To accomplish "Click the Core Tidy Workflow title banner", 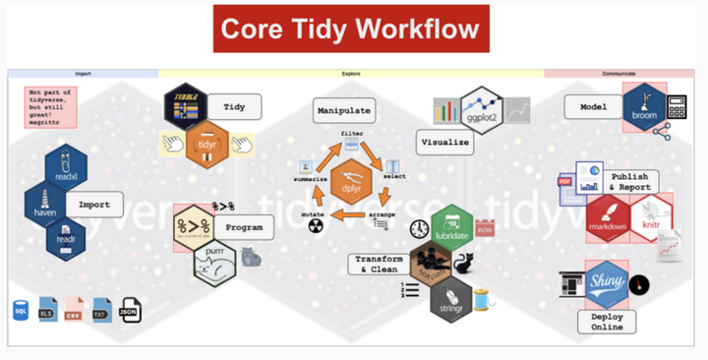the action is (x=351, y=29).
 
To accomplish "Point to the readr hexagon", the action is (x=65, y=240).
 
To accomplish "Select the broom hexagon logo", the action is (x=644, y=106).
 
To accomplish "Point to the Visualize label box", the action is (x=443, y=142).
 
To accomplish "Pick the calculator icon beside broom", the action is (x=678, y=106).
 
